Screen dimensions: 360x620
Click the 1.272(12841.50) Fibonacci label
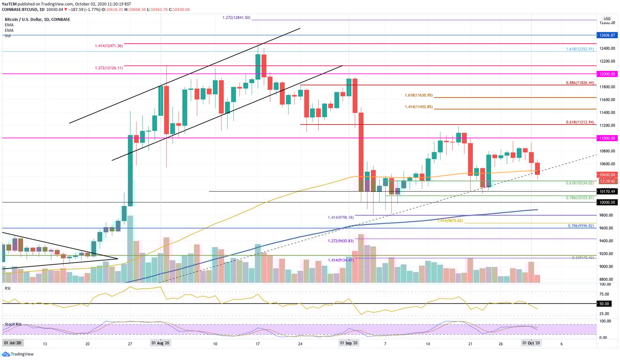[x=238, y=17]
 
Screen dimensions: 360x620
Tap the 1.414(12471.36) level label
[x=107, y=46]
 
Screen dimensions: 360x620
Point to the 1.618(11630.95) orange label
[x=418, y=95]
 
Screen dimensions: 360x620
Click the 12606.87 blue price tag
[x=606, y=35]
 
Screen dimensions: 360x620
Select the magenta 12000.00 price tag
[x=606, y=74]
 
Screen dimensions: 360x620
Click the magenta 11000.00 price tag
[x=606, y=138]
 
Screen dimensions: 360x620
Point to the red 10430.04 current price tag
[x=606, y=174]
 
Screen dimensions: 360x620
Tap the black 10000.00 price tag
[x=606, y=202]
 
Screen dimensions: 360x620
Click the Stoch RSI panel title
[x=13, y=324]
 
